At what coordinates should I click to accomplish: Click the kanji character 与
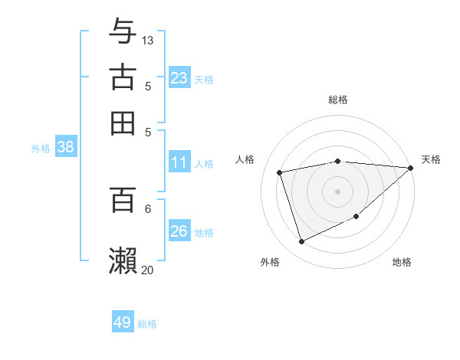point(123,31)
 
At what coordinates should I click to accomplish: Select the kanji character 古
point(123,77)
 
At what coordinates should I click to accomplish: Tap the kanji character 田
point(123,123)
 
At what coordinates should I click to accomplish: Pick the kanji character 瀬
point(123,261)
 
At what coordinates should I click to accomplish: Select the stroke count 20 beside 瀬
point(148,270)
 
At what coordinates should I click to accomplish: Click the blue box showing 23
point(179,78)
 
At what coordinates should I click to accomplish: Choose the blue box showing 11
point(179,162)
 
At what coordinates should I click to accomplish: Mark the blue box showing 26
point(179,231)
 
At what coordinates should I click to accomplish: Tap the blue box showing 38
point(65,148)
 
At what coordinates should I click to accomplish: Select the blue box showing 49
point(123,322)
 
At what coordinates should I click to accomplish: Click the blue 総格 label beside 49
point(147,324)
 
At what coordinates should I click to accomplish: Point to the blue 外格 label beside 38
point(41,149)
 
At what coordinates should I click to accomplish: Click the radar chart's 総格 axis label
point(338,100)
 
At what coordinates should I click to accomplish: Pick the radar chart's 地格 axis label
point(402,263)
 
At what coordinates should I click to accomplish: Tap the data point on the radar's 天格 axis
point(411,169)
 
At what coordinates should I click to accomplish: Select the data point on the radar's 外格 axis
point(301,242)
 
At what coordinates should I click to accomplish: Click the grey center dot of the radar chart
point(337,191)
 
